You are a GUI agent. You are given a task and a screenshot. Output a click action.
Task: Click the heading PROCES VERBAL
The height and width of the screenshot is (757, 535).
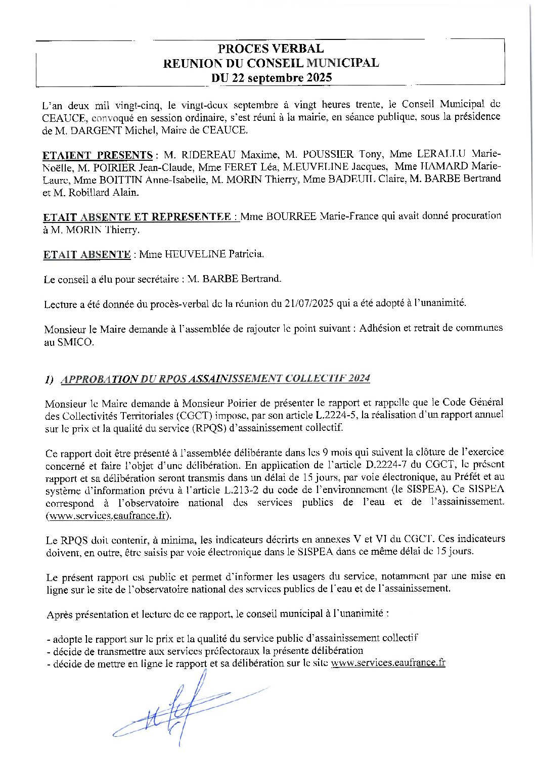pos(271,49)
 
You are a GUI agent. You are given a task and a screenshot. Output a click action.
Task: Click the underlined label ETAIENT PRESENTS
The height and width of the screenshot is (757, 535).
pos(98,155)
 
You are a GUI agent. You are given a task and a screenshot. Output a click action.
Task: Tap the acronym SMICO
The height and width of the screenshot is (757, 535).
pos(76,342)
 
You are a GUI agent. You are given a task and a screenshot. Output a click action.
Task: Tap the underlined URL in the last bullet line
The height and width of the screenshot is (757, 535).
pos(388,662)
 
